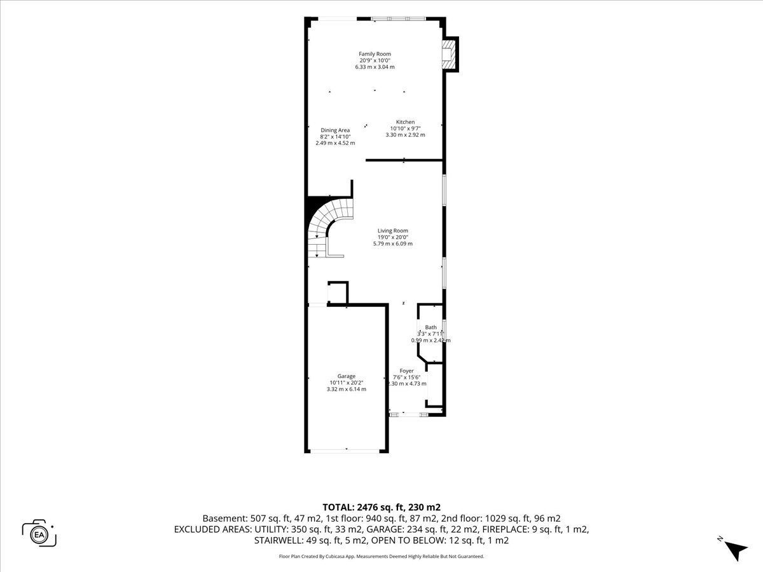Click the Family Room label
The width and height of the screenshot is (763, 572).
[x=375, y=54]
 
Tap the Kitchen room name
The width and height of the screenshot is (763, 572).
[x=405, y=122]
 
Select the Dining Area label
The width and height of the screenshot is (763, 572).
[x=335, y=130]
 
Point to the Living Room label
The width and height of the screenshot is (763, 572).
[x=393, y=231]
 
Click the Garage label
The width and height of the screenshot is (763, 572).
[x=347, y=376]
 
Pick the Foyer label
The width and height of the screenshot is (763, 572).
[x=407, y=371]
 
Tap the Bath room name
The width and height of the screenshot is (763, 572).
[x=430, y=327]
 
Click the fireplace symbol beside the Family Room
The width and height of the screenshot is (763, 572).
[x=450, y=55]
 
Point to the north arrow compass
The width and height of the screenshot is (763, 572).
[x=735, y=549]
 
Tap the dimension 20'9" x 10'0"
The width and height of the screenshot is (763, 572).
[x=375, y=60]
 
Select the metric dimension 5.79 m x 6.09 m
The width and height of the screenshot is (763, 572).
[x=393, y=243]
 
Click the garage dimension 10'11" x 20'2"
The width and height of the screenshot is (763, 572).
[x=347, y=383]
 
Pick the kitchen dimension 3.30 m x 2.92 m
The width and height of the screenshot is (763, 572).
[x=405, y=135]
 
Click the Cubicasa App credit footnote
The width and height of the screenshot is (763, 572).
[x=381, y=556]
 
